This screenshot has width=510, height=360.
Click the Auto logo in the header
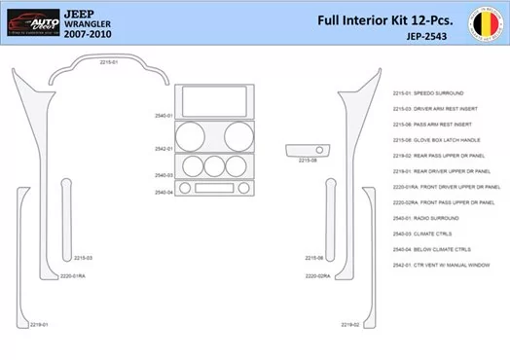point(30,19)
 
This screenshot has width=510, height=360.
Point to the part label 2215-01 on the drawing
point(109,62)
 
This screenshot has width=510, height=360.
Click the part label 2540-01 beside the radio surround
point(164,116)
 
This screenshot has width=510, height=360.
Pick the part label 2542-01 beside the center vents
point(164,149)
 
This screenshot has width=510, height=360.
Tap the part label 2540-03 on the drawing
point(164,175)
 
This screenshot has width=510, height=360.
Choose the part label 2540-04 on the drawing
point(164,192)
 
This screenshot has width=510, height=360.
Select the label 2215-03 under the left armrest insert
point(83,258)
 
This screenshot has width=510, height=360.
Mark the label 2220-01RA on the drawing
point(73,276)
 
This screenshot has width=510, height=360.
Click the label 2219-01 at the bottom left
point(38,324)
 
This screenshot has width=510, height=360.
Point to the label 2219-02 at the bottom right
point(349,324)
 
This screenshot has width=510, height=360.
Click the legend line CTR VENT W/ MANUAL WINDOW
point(449,264)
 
